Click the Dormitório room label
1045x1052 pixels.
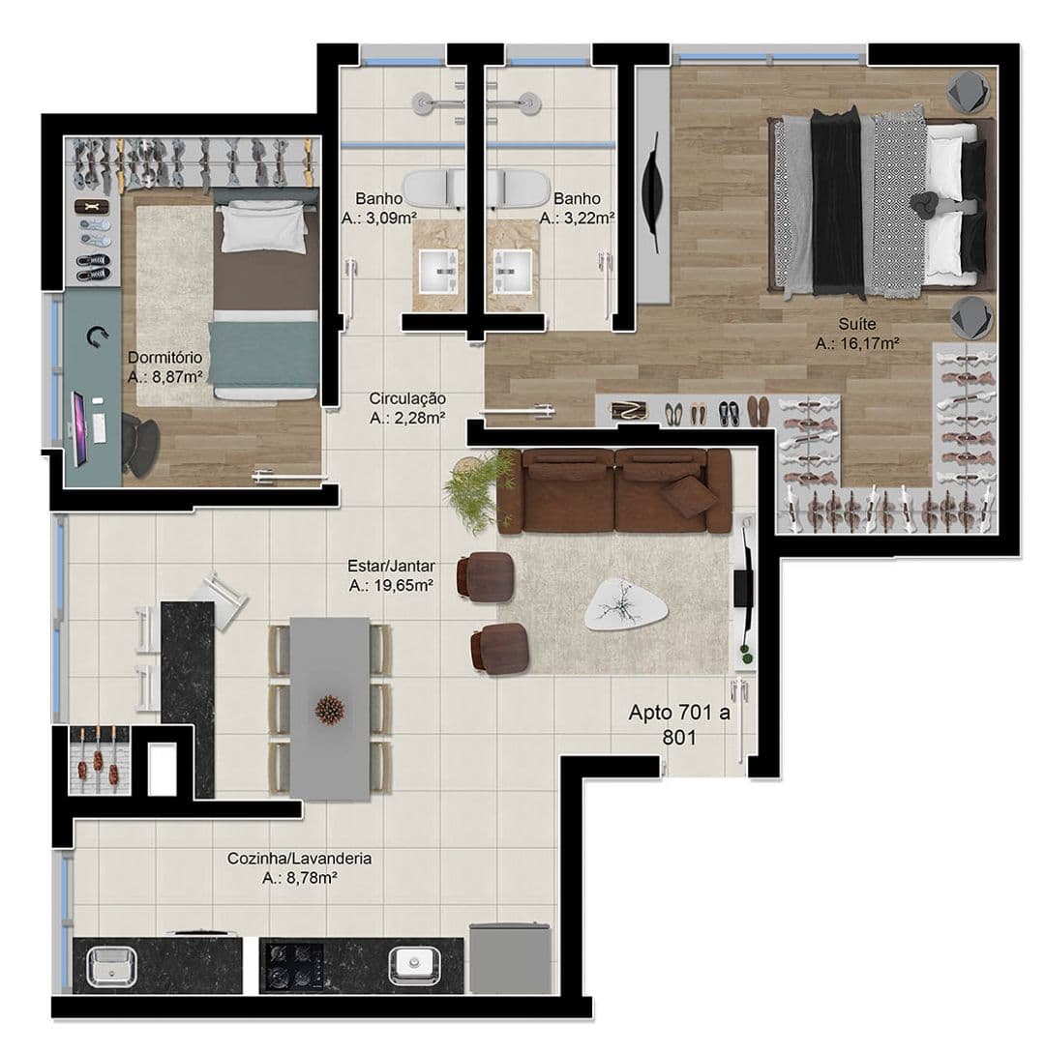point(164,357)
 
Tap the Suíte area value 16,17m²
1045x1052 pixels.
point(870,344)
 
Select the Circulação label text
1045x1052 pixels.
point(407,398)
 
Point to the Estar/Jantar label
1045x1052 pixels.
point(391,566)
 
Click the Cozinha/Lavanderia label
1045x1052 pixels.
point(300,858)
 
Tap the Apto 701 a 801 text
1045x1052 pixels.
point(679,724)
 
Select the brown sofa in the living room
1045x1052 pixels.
point(613,491)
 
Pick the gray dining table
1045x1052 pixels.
point(330,709)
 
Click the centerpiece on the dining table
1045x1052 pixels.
point(330,710)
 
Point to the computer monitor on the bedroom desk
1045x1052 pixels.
point(79,429)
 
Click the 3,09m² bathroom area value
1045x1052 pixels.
point(390,218)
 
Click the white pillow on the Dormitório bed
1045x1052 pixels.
point(263,227)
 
